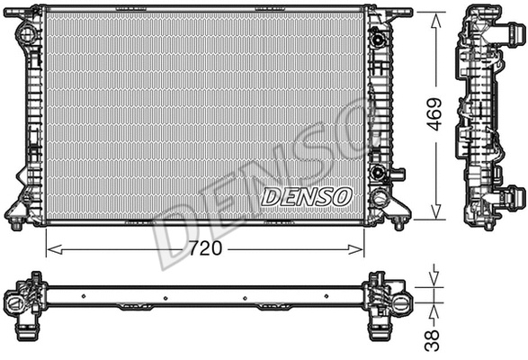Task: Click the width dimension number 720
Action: [x=206, y=247]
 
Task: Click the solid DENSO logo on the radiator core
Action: [x=307, y=194]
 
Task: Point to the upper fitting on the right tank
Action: [x=379, y=39]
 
